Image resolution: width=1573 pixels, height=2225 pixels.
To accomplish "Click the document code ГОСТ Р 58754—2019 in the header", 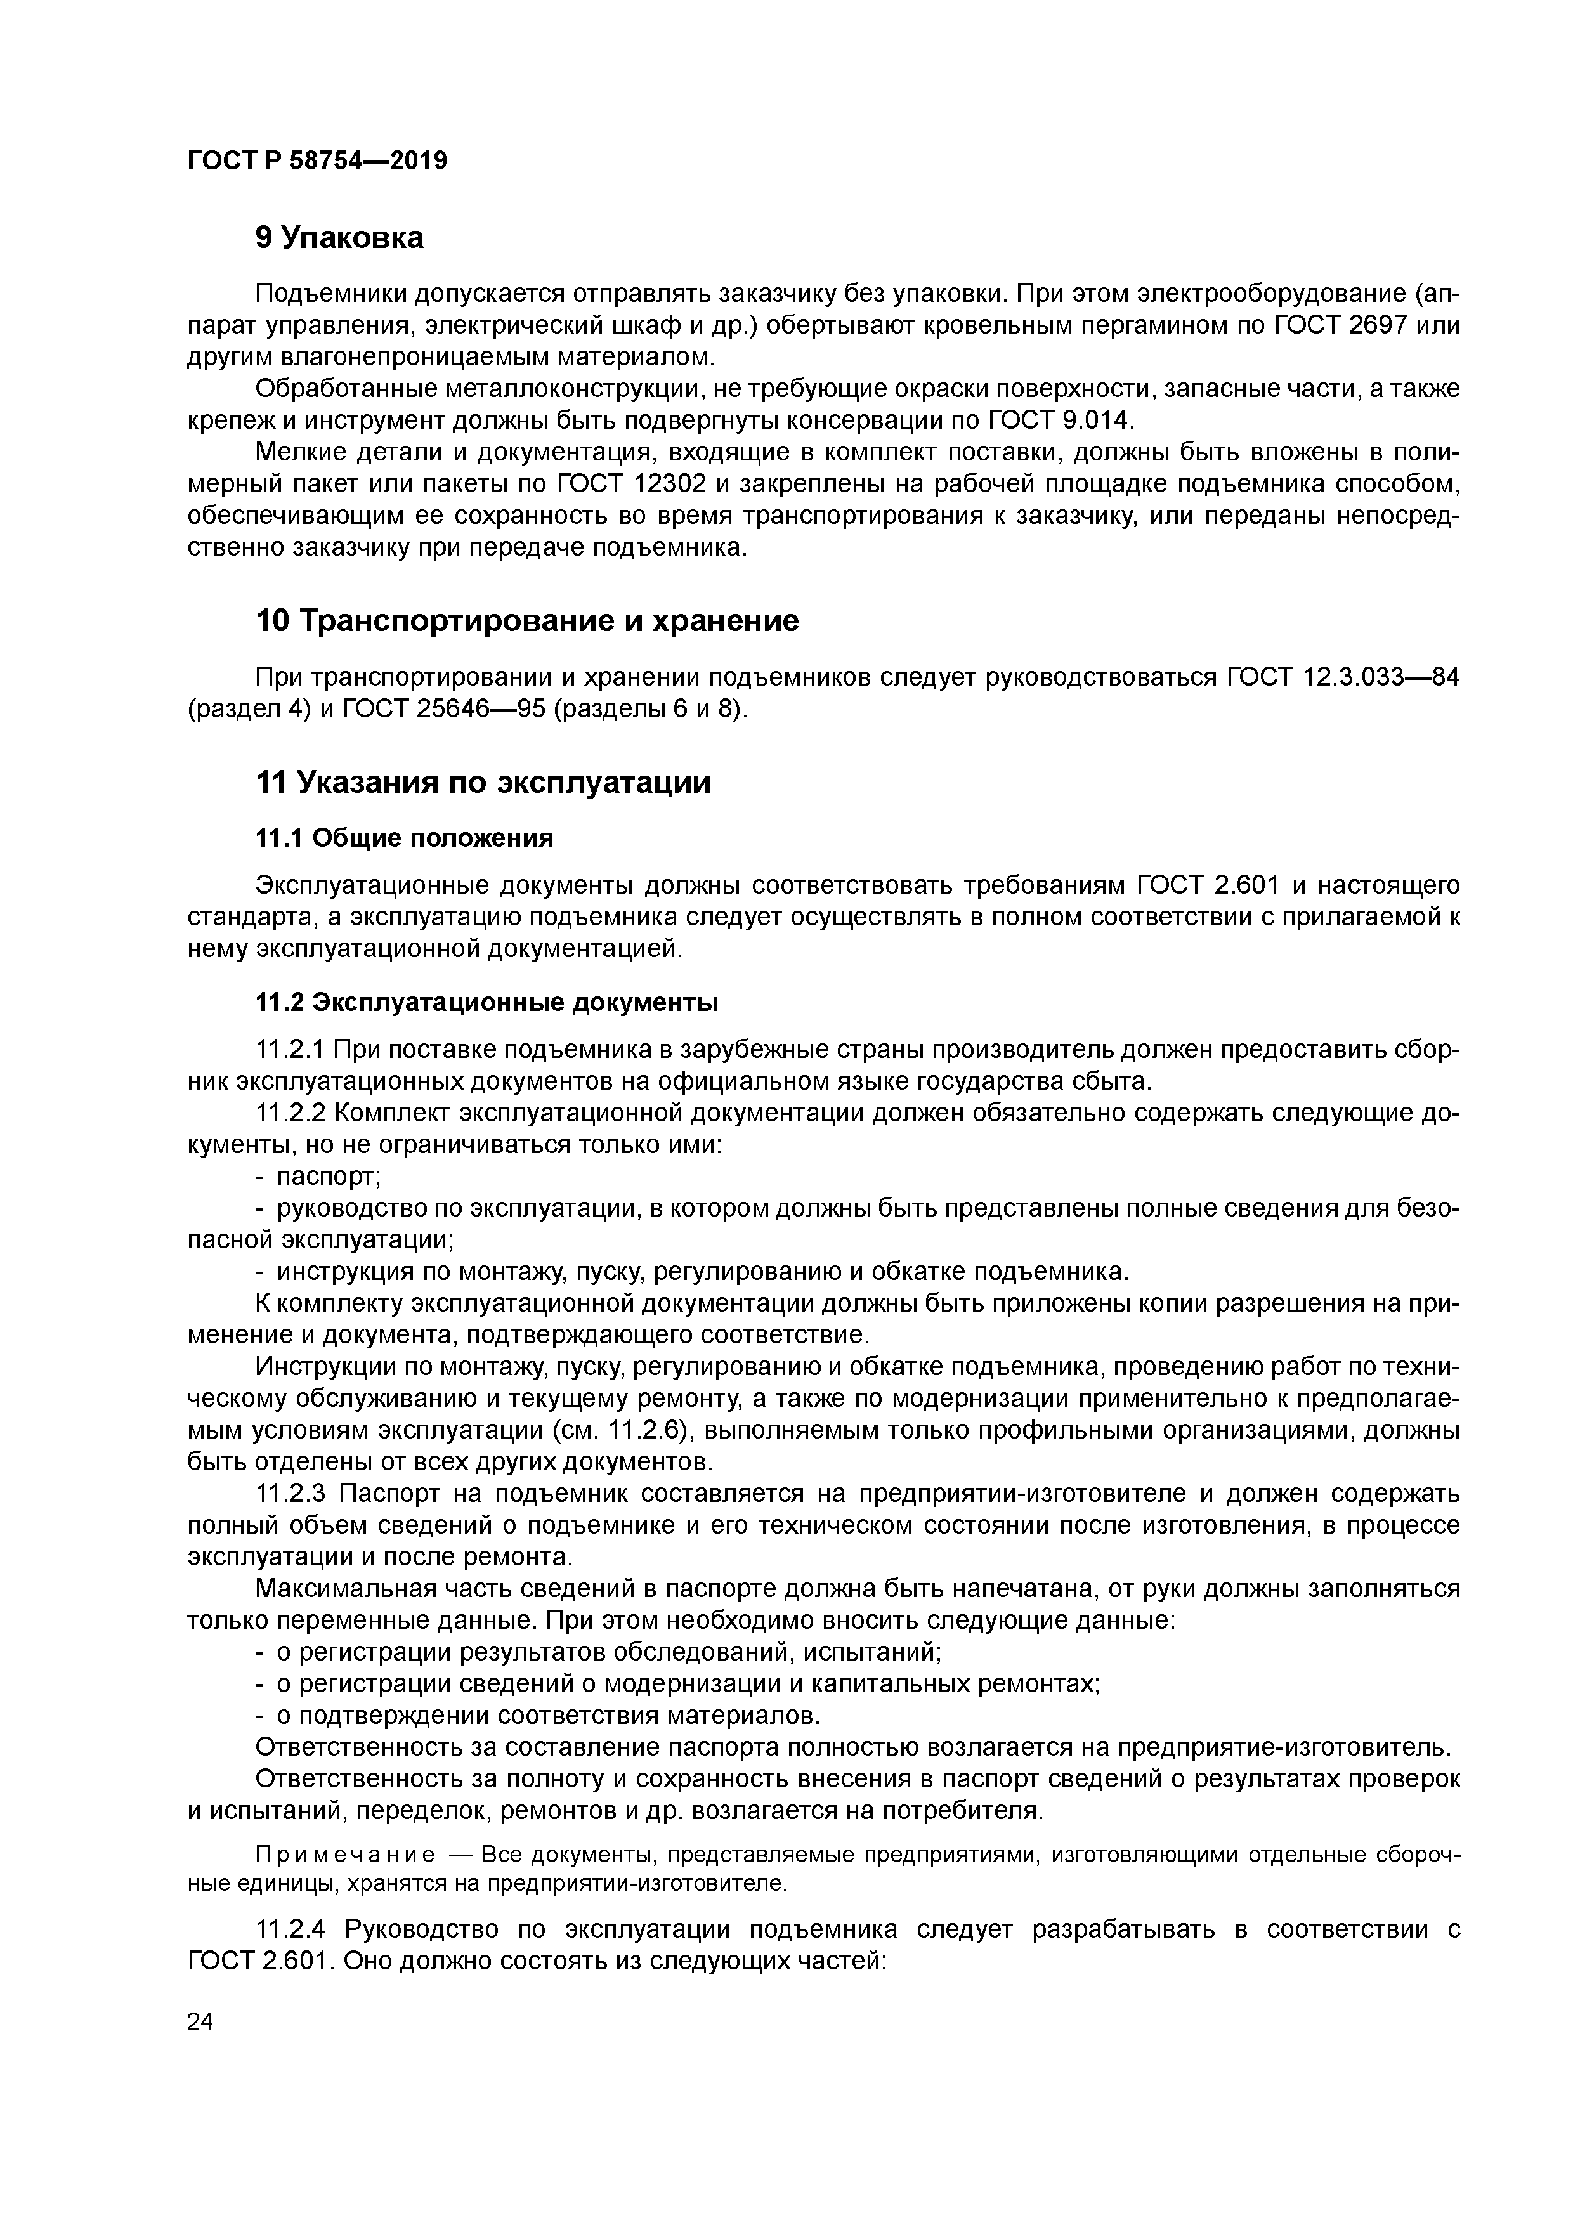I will [317, 161].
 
